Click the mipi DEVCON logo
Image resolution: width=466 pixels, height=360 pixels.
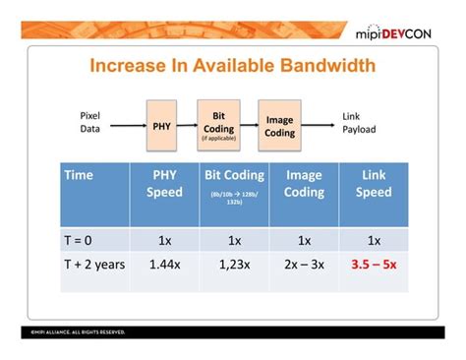click(x=400, y=32)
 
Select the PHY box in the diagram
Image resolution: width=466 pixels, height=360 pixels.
click(x=161, y=125)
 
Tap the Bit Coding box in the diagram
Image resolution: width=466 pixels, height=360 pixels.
click(x=217, y=124)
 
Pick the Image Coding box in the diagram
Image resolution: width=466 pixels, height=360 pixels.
click(x=279, y=126)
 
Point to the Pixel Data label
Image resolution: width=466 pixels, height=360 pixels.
click(x=90, y=123)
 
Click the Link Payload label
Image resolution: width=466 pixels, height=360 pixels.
click(x=358, y=123)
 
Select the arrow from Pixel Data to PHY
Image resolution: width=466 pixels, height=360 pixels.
click(x=128, y=125)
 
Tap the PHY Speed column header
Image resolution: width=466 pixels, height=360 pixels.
click(x=164, y=184)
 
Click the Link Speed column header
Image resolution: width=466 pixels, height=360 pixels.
click(x=374, y=184)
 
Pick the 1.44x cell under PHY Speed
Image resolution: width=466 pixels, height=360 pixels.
click(x=164, y=265)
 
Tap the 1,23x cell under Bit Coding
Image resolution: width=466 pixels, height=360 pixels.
click(x=234, y=265)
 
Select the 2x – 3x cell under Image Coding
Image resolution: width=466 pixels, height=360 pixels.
click(x=304, y=265)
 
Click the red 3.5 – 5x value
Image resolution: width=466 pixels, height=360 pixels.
click(x=374, y=265)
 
